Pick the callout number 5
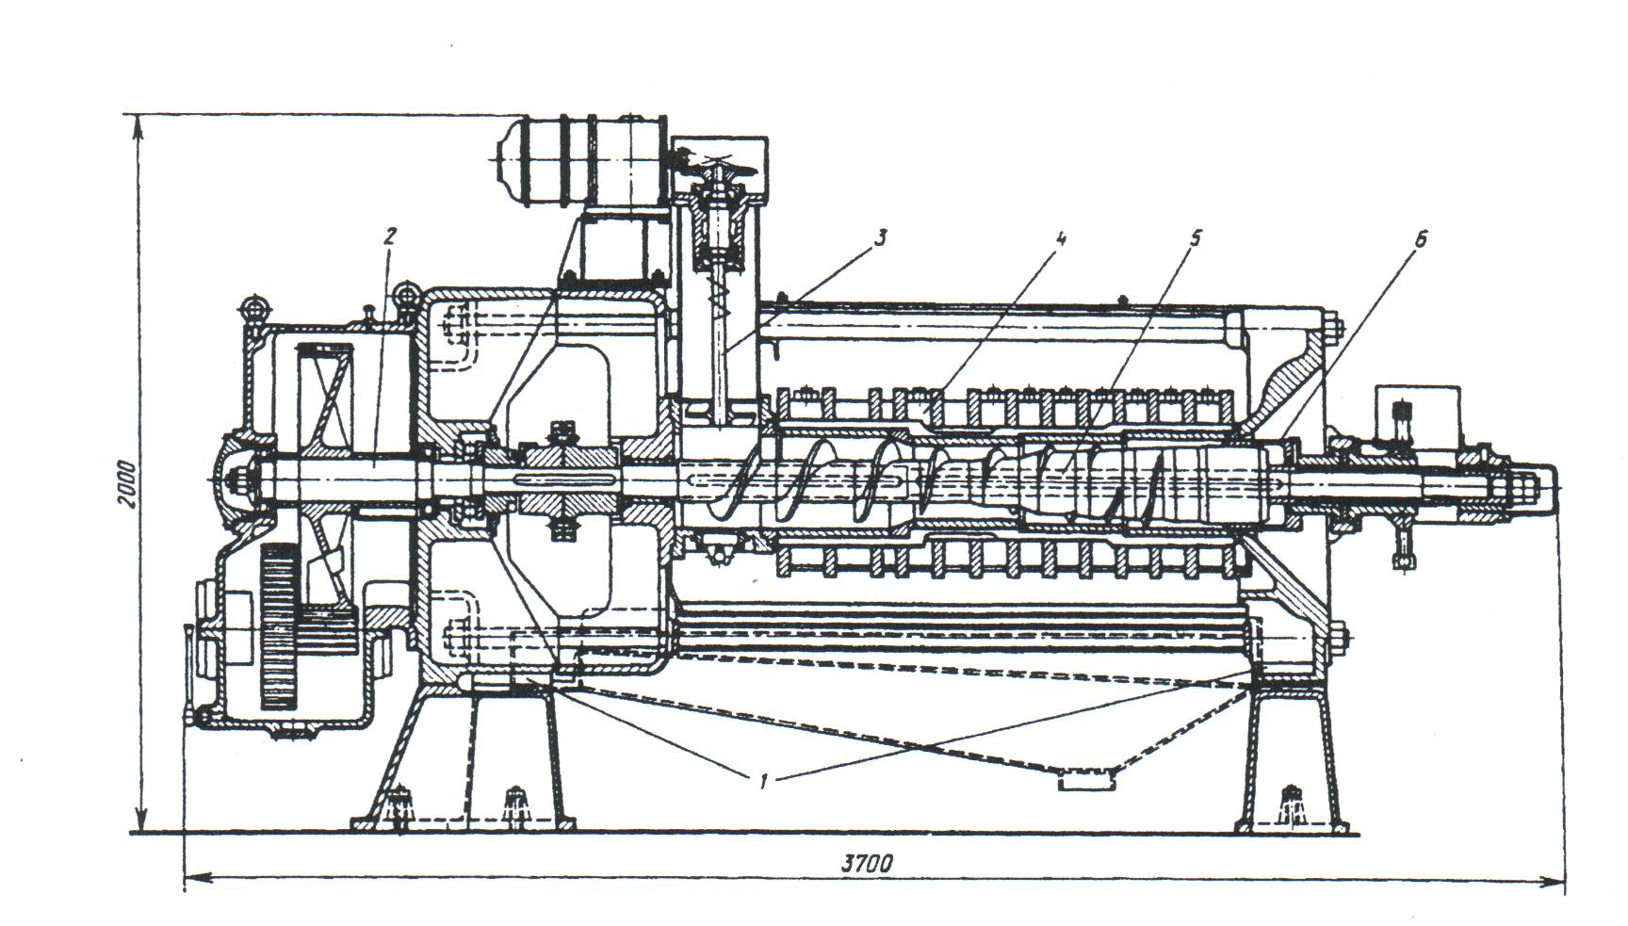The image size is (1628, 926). click(1195, 237)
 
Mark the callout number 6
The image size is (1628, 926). click(1420, 239)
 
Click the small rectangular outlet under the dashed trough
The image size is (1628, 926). click(1086, 781)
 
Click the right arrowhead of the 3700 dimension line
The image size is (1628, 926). click(1555, 883)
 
